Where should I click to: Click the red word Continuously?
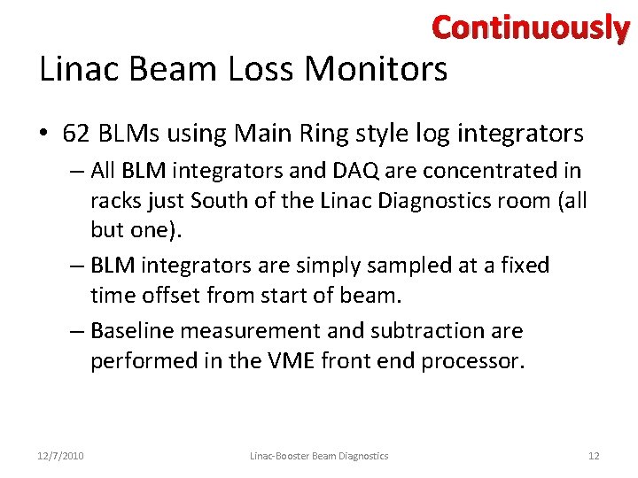coord(530,28)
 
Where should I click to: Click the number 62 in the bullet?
coord(76,135)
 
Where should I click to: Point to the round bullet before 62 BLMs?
coord(44,135)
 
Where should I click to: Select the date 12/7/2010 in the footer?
coord(61,456)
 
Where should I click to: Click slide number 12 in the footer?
coord(594,456)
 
